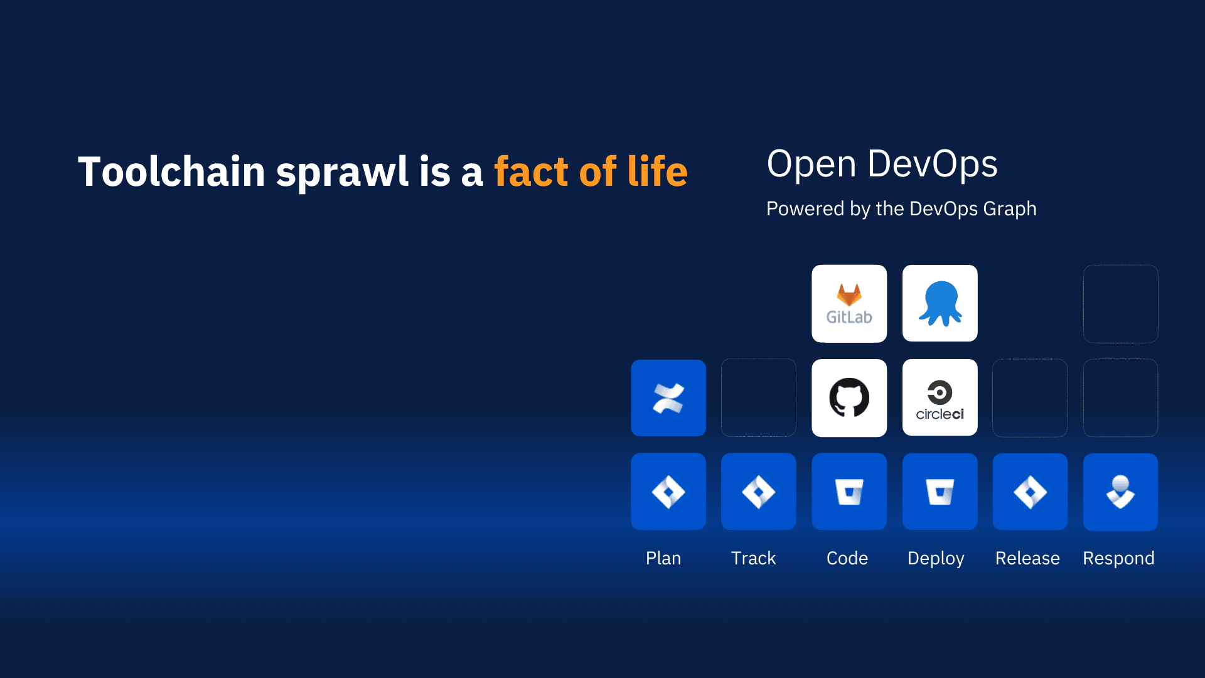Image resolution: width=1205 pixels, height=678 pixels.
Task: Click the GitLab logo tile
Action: pyautogui.click(x=849, y=304)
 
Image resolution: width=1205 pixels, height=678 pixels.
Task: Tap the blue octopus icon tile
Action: pyautogui.click(x=940, y=304)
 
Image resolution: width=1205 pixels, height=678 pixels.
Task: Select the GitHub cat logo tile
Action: pyautogui.click(x=849, y=398)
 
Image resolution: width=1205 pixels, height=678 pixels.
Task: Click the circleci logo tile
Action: pyautogui.click(x=940, y=398)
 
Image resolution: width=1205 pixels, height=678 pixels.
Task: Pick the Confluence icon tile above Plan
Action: pyautogui.click(x=668, y=398)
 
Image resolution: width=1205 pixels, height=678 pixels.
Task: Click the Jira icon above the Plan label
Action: pyautogui.click(x=668, y=492)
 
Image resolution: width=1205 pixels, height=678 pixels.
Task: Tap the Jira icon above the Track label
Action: pyautogui.click(x=759, y=492)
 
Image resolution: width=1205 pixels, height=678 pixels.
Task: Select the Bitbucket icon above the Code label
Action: pyautogui.click(x=849, y=492)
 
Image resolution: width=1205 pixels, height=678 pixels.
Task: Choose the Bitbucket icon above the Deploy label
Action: pyautogui.click(x=940, y=492)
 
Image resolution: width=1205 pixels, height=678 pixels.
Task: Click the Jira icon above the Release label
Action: pyautogui.click(x=1030, y=492)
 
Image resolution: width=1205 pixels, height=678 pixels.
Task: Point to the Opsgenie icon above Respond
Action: pyautogui.click(x=1120, y=492)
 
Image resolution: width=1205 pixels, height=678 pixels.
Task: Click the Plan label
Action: pyautogui.click(x=663, y=558)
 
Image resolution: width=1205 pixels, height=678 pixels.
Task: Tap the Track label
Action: pyautogui.click(x=754, y=558)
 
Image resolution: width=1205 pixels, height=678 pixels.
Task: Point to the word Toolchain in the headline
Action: pyautogui.click(x=171, y=171)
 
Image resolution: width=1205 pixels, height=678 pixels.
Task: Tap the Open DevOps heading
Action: pyautogui.click(x=882, y=164)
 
